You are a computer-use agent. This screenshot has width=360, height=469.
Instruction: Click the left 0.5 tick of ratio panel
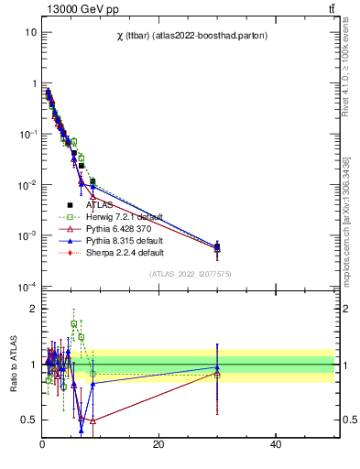coord(29,420)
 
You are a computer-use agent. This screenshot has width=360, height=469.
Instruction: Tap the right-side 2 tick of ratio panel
coord(346,310)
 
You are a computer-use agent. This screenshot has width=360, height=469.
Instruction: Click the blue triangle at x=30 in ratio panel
coord(217,367)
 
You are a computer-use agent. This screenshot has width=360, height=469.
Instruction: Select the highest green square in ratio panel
coord(74,323)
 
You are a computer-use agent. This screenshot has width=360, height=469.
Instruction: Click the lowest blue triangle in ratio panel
coord(81,430)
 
